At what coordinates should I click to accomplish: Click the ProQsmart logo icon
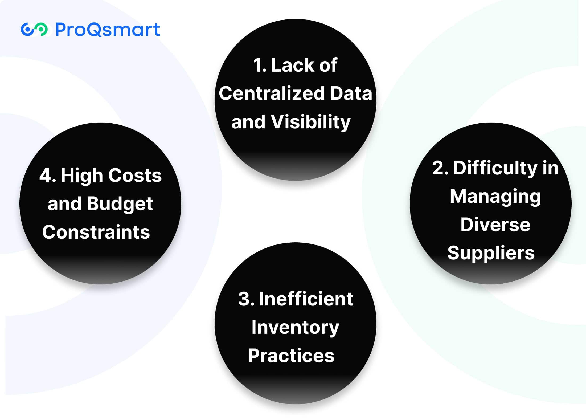pos(34,29)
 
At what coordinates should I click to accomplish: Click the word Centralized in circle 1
pos(272,93)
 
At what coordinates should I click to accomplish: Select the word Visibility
pos(310,122)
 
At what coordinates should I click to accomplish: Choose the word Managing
pos(495,197)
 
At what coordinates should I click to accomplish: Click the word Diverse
pos(495,224)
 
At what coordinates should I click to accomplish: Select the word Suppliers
pos(491,253)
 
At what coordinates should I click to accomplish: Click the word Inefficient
pos(306,299)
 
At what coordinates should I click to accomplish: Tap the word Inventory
pos(295,328)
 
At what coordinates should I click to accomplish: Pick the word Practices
pos(291,356)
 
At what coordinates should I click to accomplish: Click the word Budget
pos(120,204)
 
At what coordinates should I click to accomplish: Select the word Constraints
pos(96,232)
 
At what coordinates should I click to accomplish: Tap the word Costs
pos(135,176)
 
